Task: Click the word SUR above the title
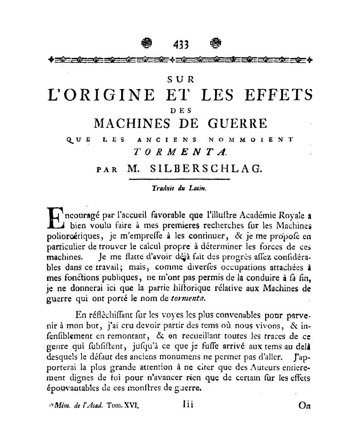[x=181, y=79]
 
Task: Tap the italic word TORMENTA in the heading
[x=180, y=152]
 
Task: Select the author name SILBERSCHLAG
[x=206, y=169]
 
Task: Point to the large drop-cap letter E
[x=55, y=218]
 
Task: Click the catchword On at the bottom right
[x=304, y=405]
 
